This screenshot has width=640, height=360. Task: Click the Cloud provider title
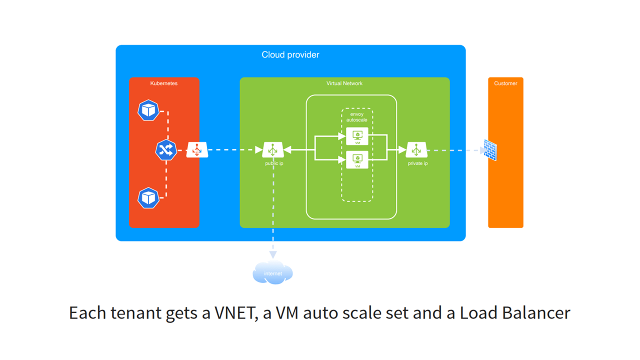point(290,54)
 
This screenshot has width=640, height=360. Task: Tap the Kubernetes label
point(163,83)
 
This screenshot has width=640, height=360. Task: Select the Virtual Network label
point(344,83)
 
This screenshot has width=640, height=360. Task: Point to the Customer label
point(505,83)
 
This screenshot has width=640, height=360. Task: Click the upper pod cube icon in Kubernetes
point(148,110)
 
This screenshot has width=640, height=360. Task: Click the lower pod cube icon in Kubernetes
point(148,197)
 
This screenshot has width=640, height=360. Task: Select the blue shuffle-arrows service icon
point(166,150)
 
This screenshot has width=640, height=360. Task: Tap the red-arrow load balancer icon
point(197,149)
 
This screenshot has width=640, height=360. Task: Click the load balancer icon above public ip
point(273,149)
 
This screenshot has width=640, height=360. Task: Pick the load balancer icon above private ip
point(416,149)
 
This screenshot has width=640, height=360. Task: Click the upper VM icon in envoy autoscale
point(357,136)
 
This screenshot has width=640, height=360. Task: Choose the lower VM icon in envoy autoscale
point(357,159)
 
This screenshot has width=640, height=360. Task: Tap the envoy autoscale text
point(357,117)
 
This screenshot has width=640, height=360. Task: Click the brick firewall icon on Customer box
point(490,150)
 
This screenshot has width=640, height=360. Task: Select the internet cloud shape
point(272,272)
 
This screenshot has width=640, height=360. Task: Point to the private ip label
point(417,163)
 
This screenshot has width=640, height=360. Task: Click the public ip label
point(274,163)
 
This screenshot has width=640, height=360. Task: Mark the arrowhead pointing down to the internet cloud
point(273,255)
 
